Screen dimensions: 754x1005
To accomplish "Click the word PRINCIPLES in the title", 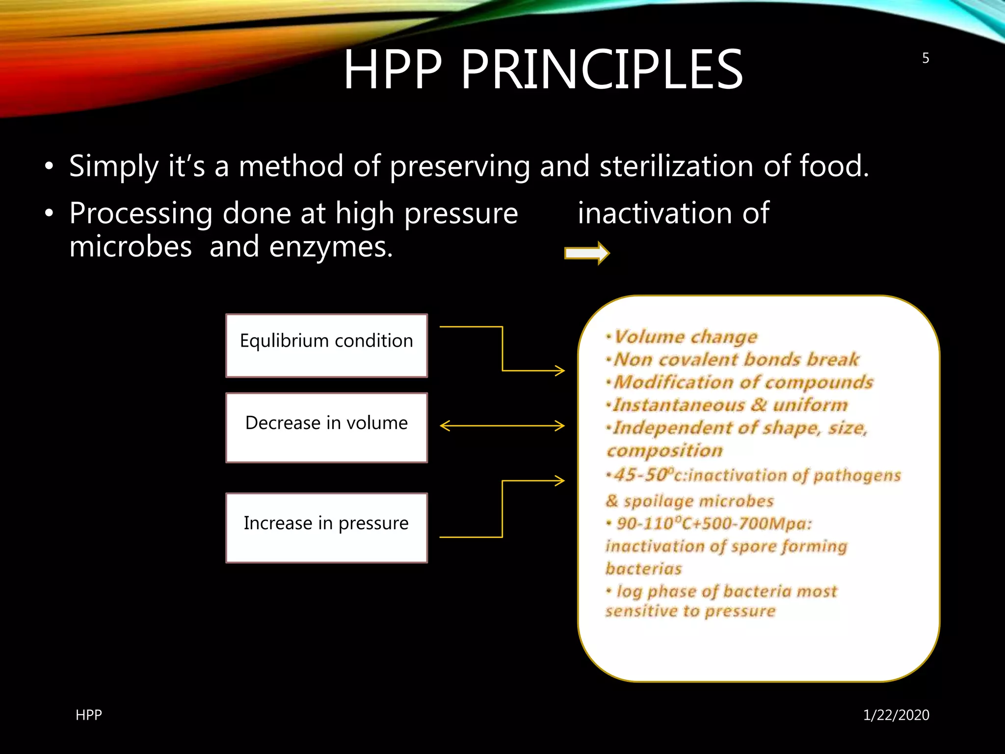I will coord(602,70).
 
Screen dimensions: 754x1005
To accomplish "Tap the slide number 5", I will coord(926,58).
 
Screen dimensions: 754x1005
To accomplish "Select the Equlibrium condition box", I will coord(326,346).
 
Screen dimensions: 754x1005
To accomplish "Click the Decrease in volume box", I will coord(326,427).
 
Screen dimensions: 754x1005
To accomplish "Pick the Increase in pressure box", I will coord(326,527).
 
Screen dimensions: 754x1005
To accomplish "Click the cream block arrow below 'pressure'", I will coord(587,253).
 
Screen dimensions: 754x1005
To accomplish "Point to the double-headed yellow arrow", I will coord(502,426).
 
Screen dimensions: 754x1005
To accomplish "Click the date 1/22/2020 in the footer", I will coord(896,715).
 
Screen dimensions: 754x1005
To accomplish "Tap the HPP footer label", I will coord(89,715).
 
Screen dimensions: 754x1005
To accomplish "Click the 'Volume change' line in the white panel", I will coord(686,337).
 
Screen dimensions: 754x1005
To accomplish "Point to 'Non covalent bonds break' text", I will coord(736,359).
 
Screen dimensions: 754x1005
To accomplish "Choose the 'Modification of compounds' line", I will coord(743,382).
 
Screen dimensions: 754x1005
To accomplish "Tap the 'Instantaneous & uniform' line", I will coord(730,405).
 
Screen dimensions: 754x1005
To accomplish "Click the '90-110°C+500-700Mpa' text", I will coord(714,523).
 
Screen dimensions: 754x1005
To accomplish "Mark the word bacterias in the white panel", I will coord(644,568).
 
